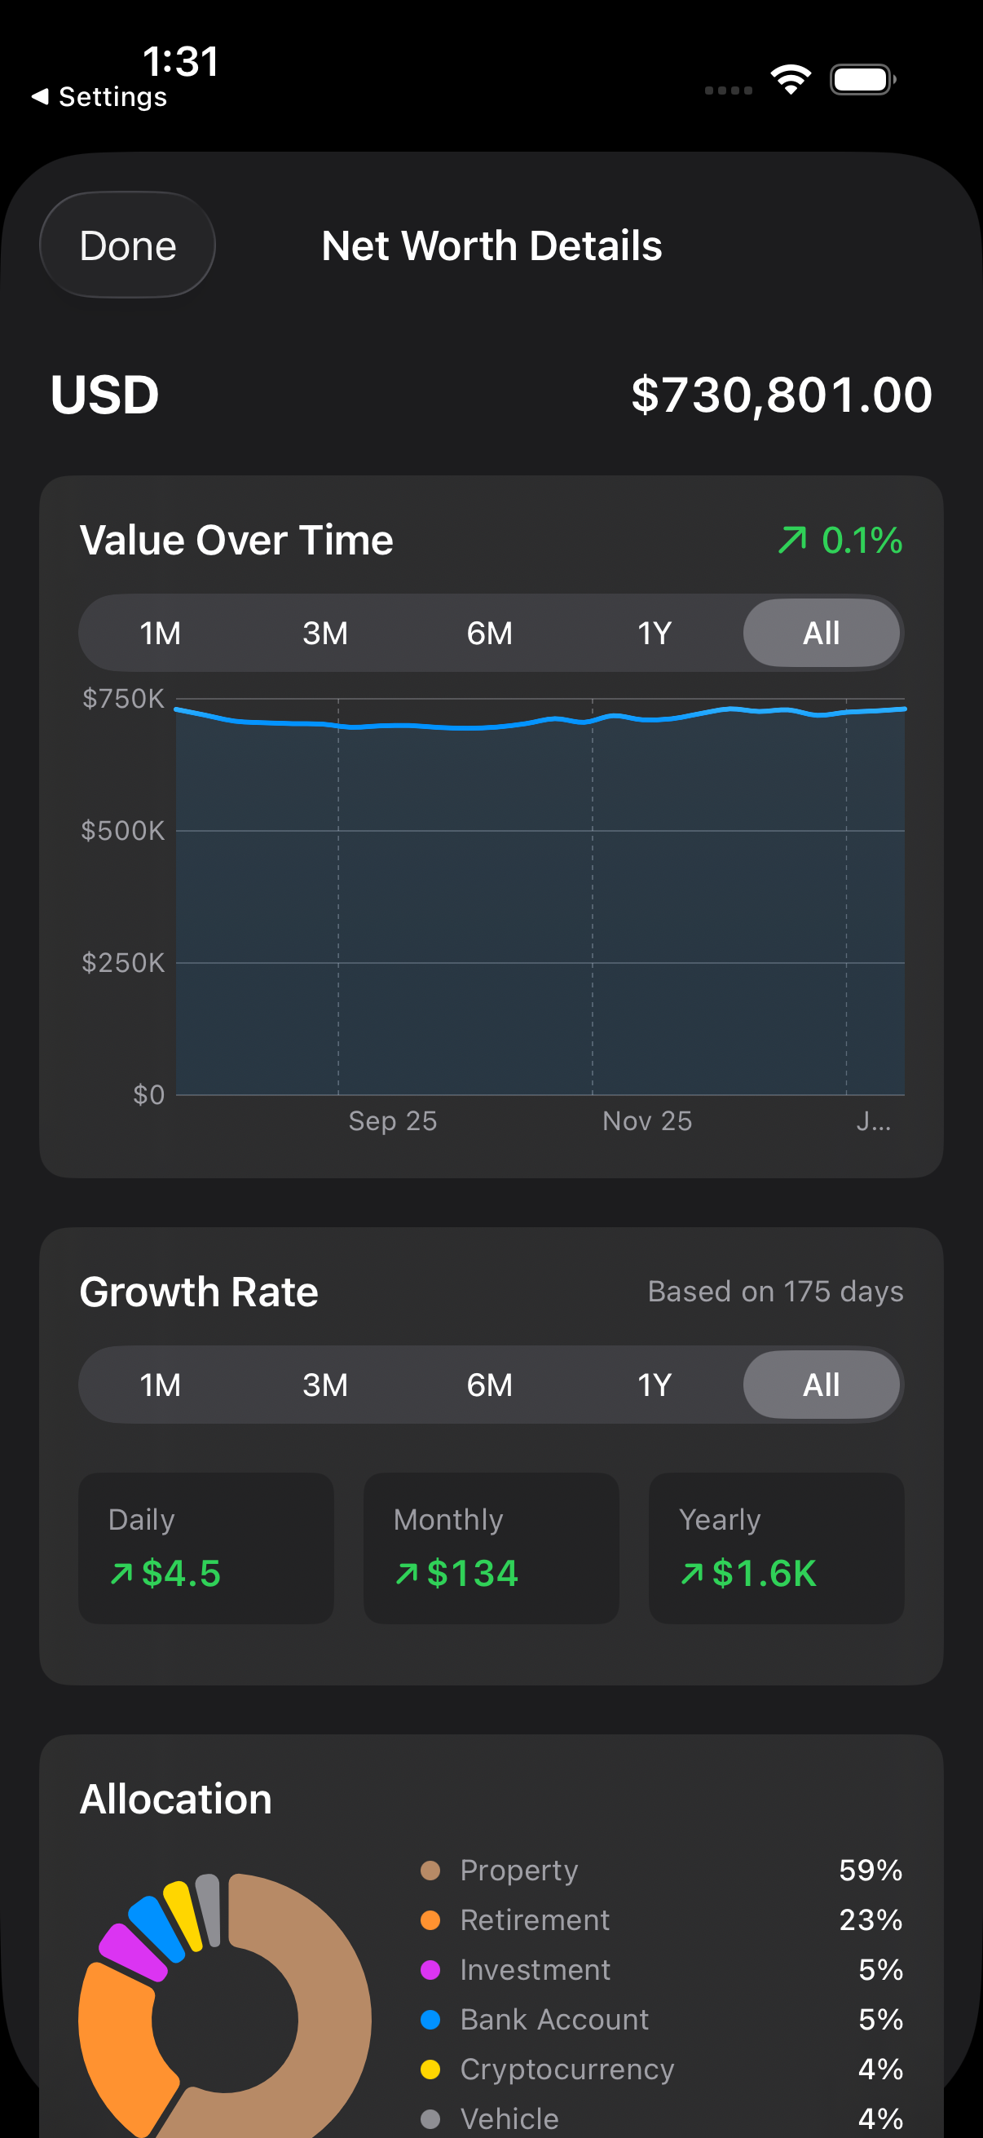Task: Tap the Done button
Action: click(x=128, y=245)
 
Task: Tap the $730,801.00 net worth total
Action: click(x=782, y=394)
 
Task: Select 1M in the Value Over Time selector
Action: click(x=160, y=634)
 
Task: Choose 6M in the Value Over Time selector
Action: click(x=489, y=634)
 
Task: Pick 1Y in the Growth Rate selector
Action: click(x=655, y=1385)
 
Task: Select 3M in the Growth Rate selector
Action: click(x=325, y=1385)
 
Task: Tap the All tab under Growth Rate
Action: click(x=821, y=1385)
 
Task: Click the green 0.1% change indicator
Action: click(x=840, y=541)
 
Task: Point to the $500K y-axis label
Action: click(x=123, y=831)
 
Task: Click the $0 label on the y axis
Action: click(x=148, y=1095)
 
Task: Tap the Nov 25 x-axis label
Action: click(x=647, y=1121)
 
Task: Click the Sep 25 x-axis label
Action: click(x=392, y=1121)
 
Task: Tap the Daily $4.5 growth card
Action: click(x=205, y=1548)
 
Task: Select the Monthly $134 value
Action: click(x=472, y=1574)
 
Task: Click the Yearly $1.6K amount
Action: click(x=764, y=1574)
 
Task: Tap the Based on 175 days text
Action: click(x=776, y=1292)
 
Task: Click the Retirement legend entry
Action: click(x=535, y=1919)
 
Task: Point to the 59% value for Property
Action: click(x=871, y=1870)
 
